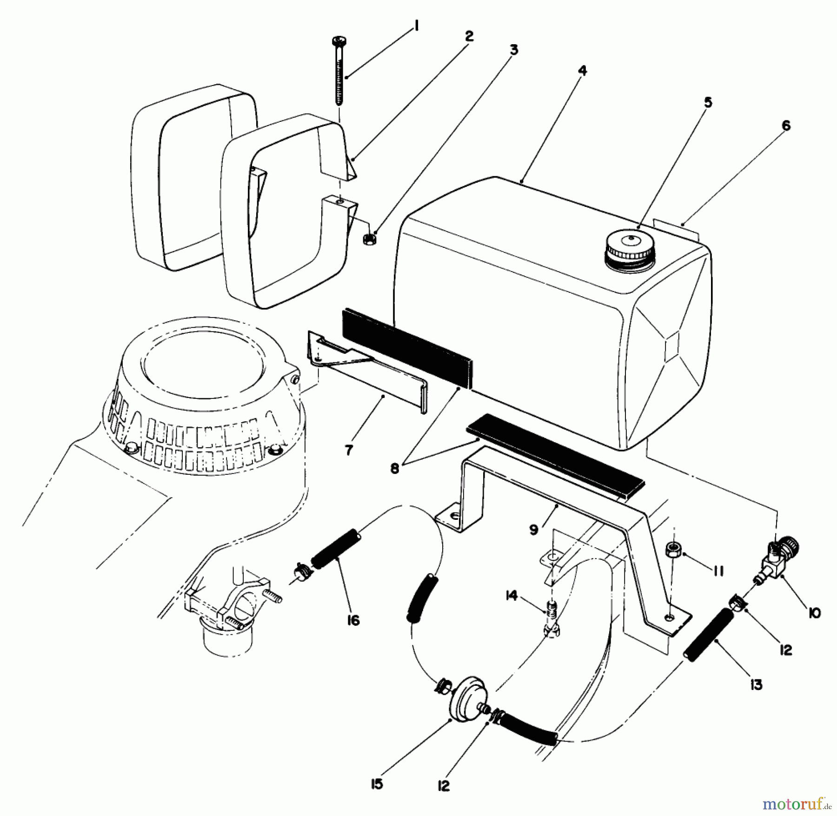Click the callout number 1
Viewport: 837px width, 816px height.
point(416,28)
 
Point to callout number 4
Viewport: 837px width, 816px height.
point(582,71)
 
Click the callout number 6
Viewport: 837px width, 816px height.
point(786,126)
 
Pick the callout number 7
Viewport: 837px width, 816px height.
point(349,450)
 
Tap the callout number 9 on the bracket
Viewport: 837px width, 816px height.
point(534,529)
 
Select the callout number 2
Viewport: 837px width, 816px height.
point(469,36)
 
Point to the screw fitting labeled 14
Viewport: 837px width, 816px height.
point(551,618)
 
